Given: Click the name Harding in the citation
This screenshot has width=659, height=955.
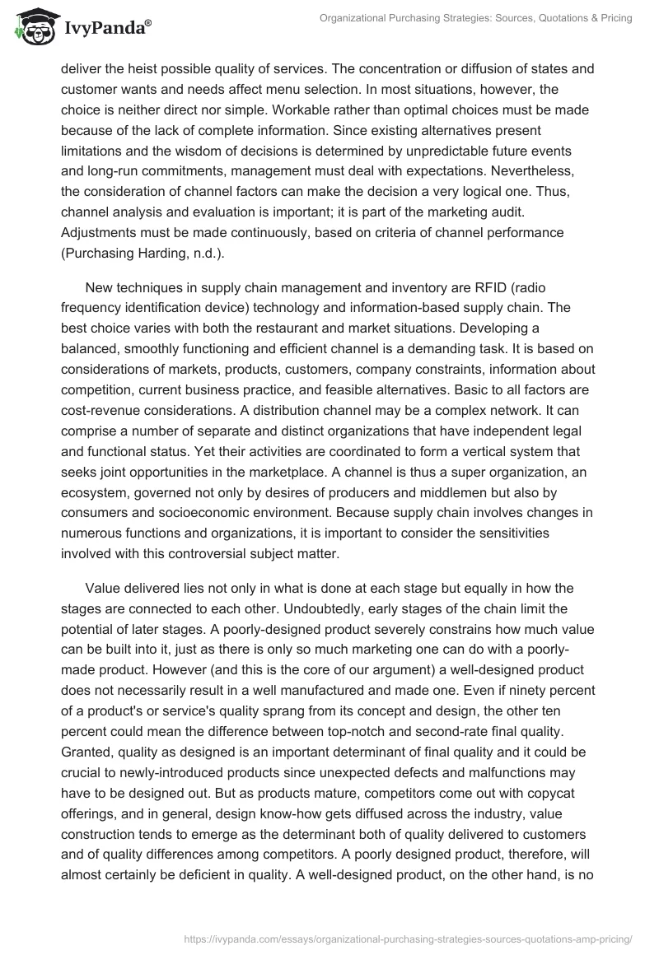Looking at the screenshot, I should coord(169,254).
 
